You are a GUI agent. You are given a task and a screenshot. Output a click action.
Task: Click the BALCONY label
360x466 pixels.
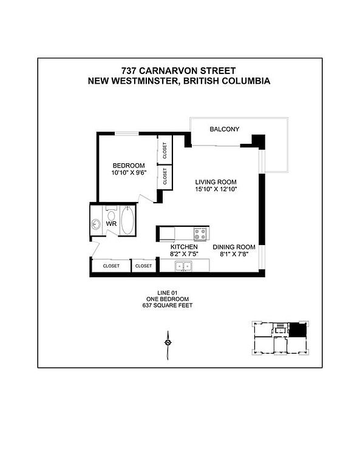(224, 129)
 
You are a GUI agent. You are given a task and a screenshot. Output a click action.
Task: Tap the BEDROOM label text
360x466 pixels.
(129, 166)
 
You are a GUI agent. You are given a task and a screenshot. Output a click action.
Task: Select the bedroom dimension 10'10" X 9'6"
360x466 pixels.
(129, 173)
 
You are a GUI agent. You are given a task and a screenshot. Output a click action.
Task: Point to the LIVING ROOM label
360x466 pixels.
(216, 182)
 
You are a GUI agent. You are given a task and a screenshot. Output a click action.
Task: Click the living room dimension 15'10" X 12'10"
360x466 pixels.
(216, 189)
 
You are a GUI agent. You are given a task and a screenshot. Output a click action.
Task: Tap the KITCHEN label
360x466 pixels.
(184, 247)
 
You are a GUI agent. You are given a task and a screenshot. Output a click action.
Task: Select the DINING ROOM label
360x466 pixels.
(234, 247)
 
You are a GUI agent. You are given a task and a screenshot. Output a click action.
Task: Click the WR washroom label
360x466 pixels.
(111, 224)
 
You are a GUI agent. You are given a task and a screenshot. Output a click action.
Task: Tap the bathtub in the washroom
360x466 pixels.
(127, 220)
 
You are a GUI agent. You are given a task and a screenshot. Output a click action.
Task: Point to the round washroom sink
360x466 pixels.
(96, 224)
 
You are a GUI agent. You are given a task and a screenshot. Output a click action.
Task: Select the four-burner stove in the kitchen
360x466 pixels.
(200, 234)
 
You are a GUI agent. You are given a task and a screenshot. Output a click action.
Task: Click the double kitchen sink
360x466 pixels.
(183, 266)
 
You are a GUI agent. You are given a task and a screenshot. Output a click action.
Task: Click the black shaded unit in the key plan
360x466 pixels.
(297, 330)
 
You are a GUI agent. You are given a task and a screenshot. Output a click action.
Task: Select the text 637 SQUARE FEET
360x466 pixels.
(168, 305)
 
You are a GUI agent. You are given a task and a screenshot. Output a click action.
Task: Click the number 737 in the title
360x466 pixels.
(129, 71)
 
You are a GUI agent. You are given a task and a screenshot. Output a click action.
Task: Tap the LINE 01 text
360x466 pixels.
(168, 292)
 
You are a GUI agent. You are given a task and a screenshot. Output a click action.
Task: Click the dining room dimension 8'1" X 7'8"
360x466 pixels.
(234, 254)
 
